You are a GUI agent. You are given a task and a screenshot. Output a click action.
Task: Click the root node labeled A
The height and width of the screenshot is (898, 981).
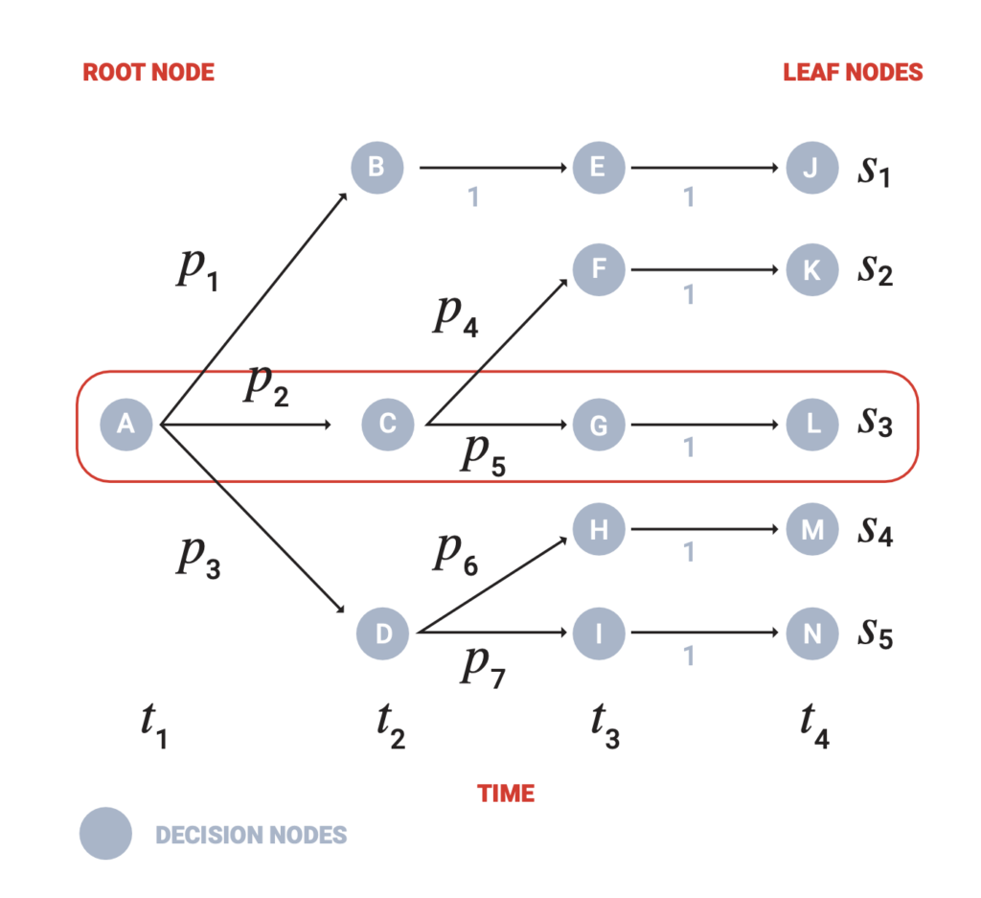[x=126, y=424]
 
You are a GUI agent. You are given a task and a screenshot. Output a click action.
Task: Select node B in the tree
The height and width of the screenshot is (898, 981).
[x=377, y=168]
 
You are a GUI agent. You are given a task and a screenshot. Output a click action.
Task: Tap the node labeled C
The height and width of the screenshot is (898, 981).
[x=388, y=424]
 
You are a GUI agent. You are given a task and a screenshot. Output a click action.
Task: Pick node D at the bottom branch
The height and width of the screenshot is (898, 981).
[x=382, y=633]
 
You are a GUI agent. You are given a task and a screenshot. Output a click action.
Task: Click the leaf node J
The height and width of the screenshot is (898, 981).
[x=811, y=168]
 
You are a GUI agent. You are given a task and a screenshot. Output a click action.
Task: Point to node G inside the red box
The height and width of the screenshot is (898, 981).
[x=599, y=425]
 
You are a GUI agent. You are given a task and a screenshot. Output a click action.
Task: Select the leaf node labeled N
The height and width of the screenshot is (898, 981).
[x=811, y=633]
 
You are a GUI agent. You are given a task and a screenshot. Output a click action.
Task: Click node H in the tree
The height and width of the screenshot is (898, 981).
[x=599, y=528]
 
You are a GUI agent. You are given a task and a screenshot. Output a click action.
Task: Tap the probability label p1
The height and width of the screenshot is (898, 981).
[x=198, y=273]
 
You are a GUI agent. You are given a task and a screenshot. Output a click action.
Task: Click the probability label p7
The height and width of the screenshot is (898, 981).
[x=484, y=667]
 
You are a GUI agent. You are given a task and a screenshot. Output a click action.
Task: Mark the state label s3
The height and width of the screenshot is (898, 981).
[x=875, y=423]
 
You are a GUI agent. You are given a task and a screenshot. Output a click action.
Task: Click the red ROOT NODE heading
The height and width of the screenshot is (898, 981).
[x=148, y=73]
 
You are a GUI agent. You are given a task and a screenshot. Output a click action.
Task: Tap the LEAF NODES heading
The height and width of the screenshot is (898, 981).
[x=853, y=73]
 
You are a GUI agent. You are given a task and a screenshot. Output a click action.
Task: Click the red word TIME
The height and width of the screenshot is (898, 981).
[x=506, y=794]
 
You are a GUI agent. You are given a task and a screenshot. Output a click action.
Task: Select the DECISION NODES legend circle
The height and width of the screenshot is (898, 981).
[x=105, y=834]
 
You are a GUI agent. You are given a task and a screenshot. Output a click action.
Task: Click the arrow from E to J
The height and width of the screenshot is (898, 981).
[x=704, y=169]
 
